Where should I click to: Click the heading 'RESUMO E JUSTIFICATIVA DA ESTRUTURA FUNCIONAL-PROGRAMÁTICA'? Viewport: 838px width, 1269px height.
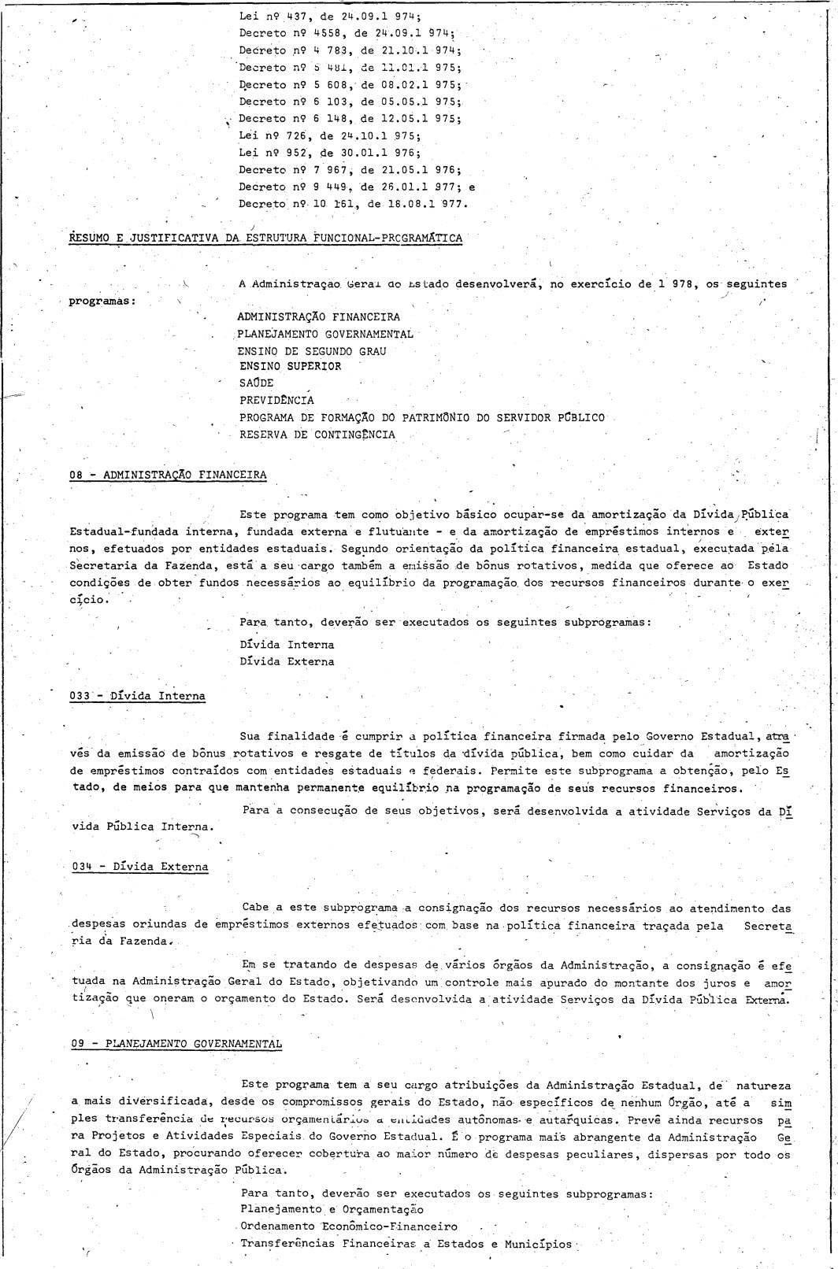pos(265,237)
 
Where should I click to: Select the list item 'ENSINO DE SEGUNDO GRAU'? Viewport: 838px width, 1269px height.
pos(313,351)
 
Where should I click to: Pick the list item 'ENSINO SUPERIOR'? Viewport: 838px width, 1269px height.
pos(291,367)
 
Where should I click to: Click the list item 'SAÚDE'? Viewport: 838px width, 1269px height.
pos(257,383)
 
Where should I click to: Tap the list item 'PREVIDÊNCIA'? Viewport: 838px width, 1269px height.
pos(276,400)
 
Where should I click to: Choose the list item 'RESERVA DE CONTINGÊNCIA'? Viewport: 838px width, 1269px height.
pos(317,435)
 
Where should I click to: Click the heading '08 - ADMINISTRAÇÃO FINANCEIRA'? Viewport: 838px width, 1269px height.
pos(168,474)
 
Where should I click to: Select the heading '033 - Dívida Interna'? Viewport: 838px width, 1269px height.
pos(138,696)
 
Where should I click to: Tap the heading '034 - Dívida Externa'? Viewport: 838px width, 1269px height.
pos(139,867)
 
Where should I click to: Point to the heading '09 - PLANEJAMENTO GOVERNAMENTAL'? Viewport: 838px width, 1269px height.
pos(176,1043)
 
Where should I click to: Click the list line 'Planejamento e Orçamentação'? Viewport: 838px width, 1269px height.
pos(332,1209)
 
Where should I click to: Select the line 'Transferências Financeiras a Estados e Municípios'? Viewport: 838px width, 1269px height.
pos(406,1244)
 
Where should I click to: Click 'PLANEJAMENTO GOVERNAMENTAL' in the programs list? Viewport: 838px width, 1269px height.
pos(325,334)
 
